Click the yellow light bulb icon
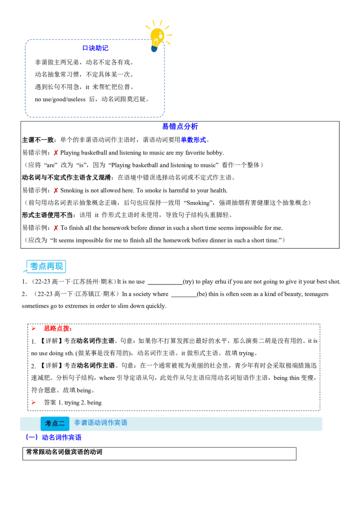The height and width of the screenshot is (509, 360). [x=158, y=37]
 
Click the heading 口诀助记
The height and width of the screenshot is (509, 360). [x=95, y=48]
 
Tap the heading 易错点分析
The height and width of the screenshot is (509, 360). [x=180, y=127]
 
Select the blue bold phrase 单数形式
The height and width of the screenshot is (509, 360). [x=193, y=140]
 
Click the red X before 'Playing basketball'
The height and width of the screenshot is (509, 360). [x=56, y=153]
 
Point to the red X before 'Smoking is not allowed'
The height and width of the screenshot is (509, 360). [x=56, y=191]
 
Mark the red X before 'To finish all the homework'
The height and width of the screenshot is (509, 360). [x=56, y=228]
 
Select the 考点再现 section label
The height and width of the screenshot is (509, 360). [x=46, y=267]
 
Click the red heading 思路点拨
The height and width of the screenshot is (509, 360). [x=58, y=329]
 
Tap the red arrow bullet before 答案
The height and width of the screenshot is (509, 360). [x=33, y=402]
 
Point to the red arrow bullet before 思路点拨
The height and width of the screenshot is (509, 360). [x=33, y=329]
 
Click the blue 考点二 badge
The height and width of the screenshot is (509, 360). [x=55, y=424]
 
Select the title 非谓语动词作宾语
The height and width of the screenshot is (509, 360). [x=101, y=423]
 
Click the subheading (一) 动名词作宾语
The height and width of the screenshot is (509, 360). [x=54, y=437]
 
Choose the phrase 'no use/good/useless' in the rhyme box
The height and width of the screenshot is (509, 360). [x=60, y=99]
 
